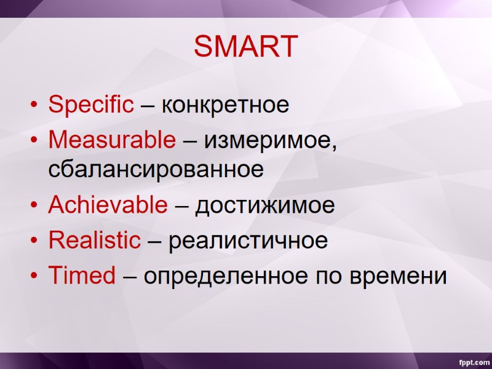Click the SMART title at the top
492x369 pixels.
(x=246, y=47)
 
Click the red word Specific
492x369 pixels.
(x=90, y=105)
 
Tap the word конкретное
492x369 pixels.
(x=225, y=105)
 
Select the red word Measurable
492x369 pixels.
(x=111, y=141)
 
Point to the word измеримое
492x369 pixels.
(x=271, y=141)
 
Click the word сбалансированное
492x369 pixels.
(x=156, y=169)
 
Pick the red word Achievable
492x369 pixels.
(x=107, y=205)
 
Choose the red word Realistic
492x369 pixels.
(x=94, y=240)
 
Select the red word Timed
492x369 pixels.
(x=82, y=276)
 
